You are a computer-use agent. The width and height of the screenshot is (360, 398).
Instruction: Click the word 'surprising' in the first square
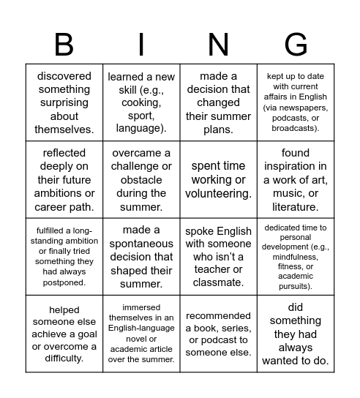tap(64, 103)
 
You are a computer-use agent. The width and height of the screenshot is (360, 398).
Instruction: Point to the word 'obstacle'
tap(140, 180)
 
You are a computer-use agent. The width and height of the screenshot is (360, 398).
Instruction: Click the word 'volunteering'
tap(218, 194)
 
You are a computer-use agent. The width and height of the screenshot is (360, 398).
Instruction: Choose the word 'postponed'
tap(64, 282)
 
